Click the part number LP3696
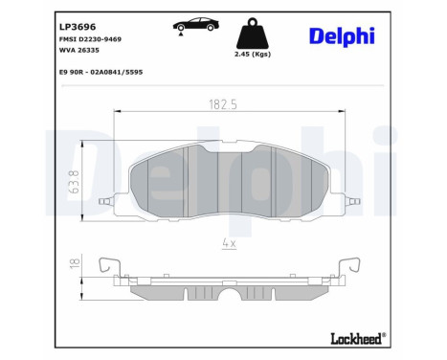(78, 27)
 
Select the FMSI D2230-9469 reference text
(90, 39)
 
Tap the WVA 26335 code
(79, 50)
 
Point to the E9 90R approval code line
(101, 72)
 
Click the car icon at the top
(196, 24)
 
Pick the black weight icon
(253, 34)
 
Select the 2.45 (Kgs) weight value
(253, 55)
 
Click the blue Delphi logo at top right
(342, 36)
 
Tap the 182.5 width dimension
(223, 104)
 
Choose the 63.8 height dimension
(74, 182)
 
